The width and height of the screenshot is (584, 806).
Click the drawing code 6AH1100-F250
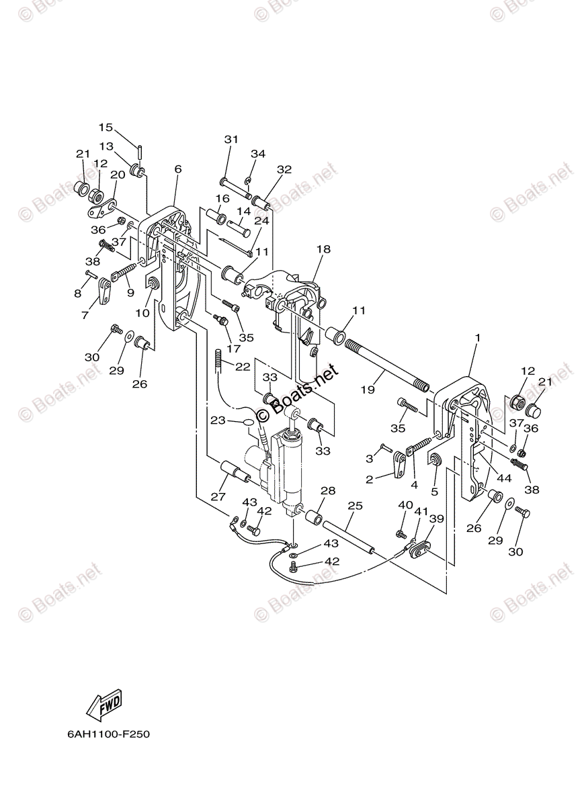coord(108,733)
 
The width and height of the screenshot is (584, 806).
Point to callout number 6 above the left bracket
coord(177,169)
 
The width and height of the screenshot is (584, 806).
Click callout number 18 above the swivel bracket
coord(323,249)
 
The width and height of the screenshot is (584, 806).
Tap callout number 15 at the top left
coord(106,128)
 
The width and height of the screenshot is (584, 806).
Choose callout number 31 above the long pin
coord(231,139)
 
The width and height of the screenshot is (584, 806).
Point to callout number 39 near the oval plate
coord(437,519)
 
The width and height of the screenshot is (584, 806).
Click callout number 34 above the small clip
coord(258,154)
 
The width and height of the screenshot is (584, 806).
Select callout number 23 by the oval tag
coord(218,421)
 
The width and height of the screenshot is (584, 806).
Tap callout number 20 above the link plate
coord(118,175)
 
